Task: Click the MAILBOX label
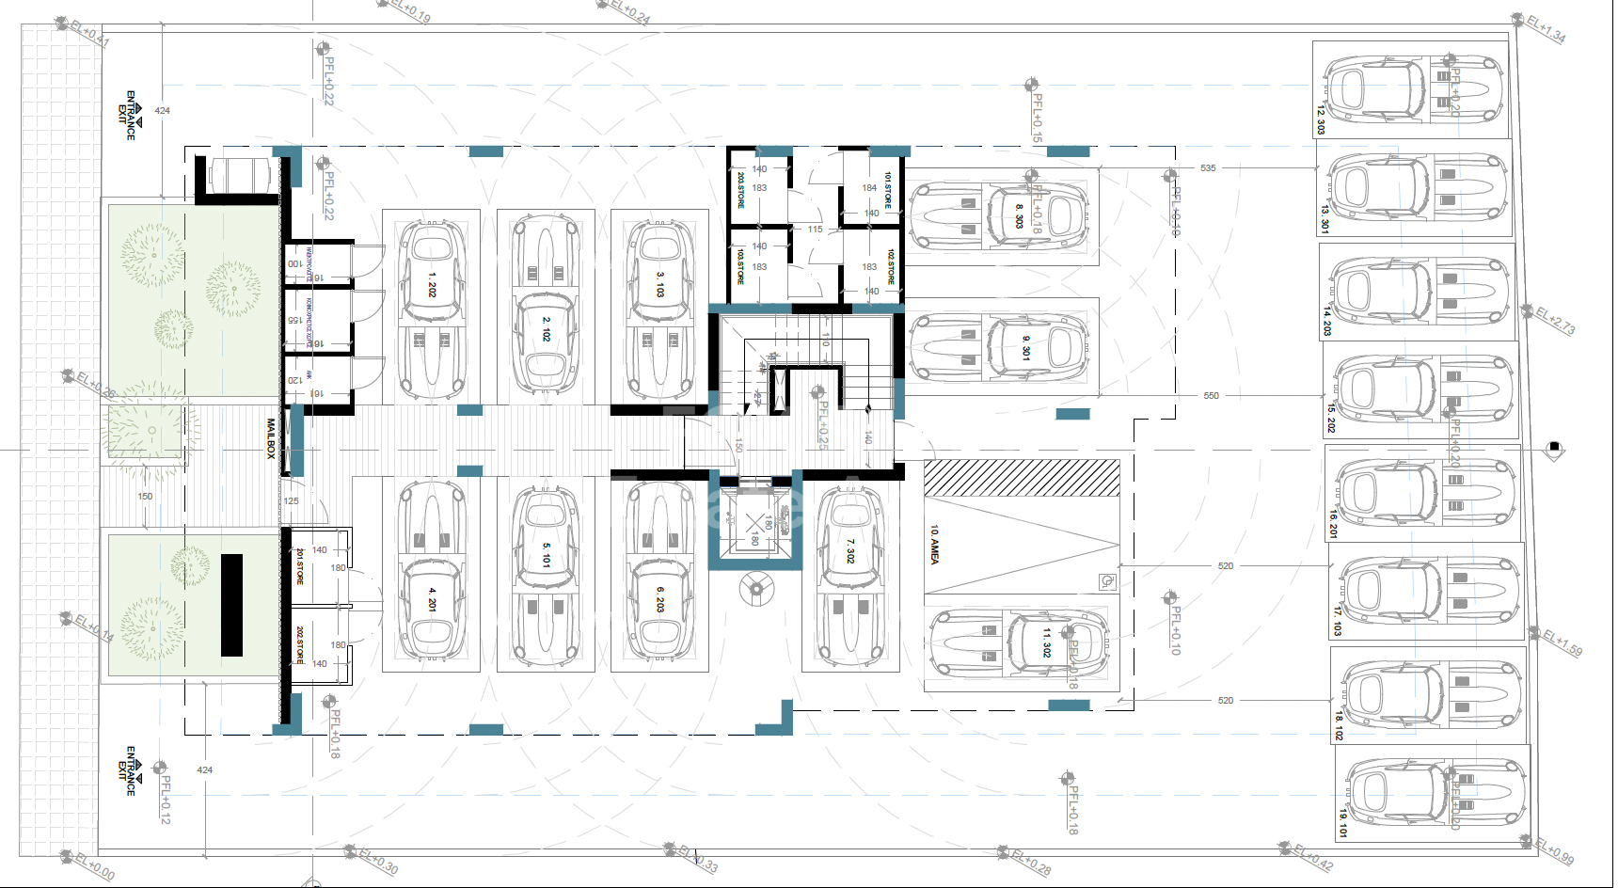[271, 438]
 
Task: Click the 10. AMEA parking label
[934, 545]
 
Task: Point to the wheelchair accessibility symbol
[1107, 581]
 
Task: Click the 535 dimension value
[1208, 168]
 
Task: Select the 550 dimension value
[1211, 396]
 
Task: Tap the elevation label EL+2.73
[1555, 320]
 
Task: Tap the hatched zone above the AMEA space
[1022, 478]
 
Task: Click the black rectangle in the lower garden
[231, 605]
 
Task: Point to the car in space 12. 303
[1411, 90]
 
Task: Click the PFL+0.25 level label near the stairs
[823, 424]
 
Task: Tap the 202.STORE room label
[300, 644]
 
